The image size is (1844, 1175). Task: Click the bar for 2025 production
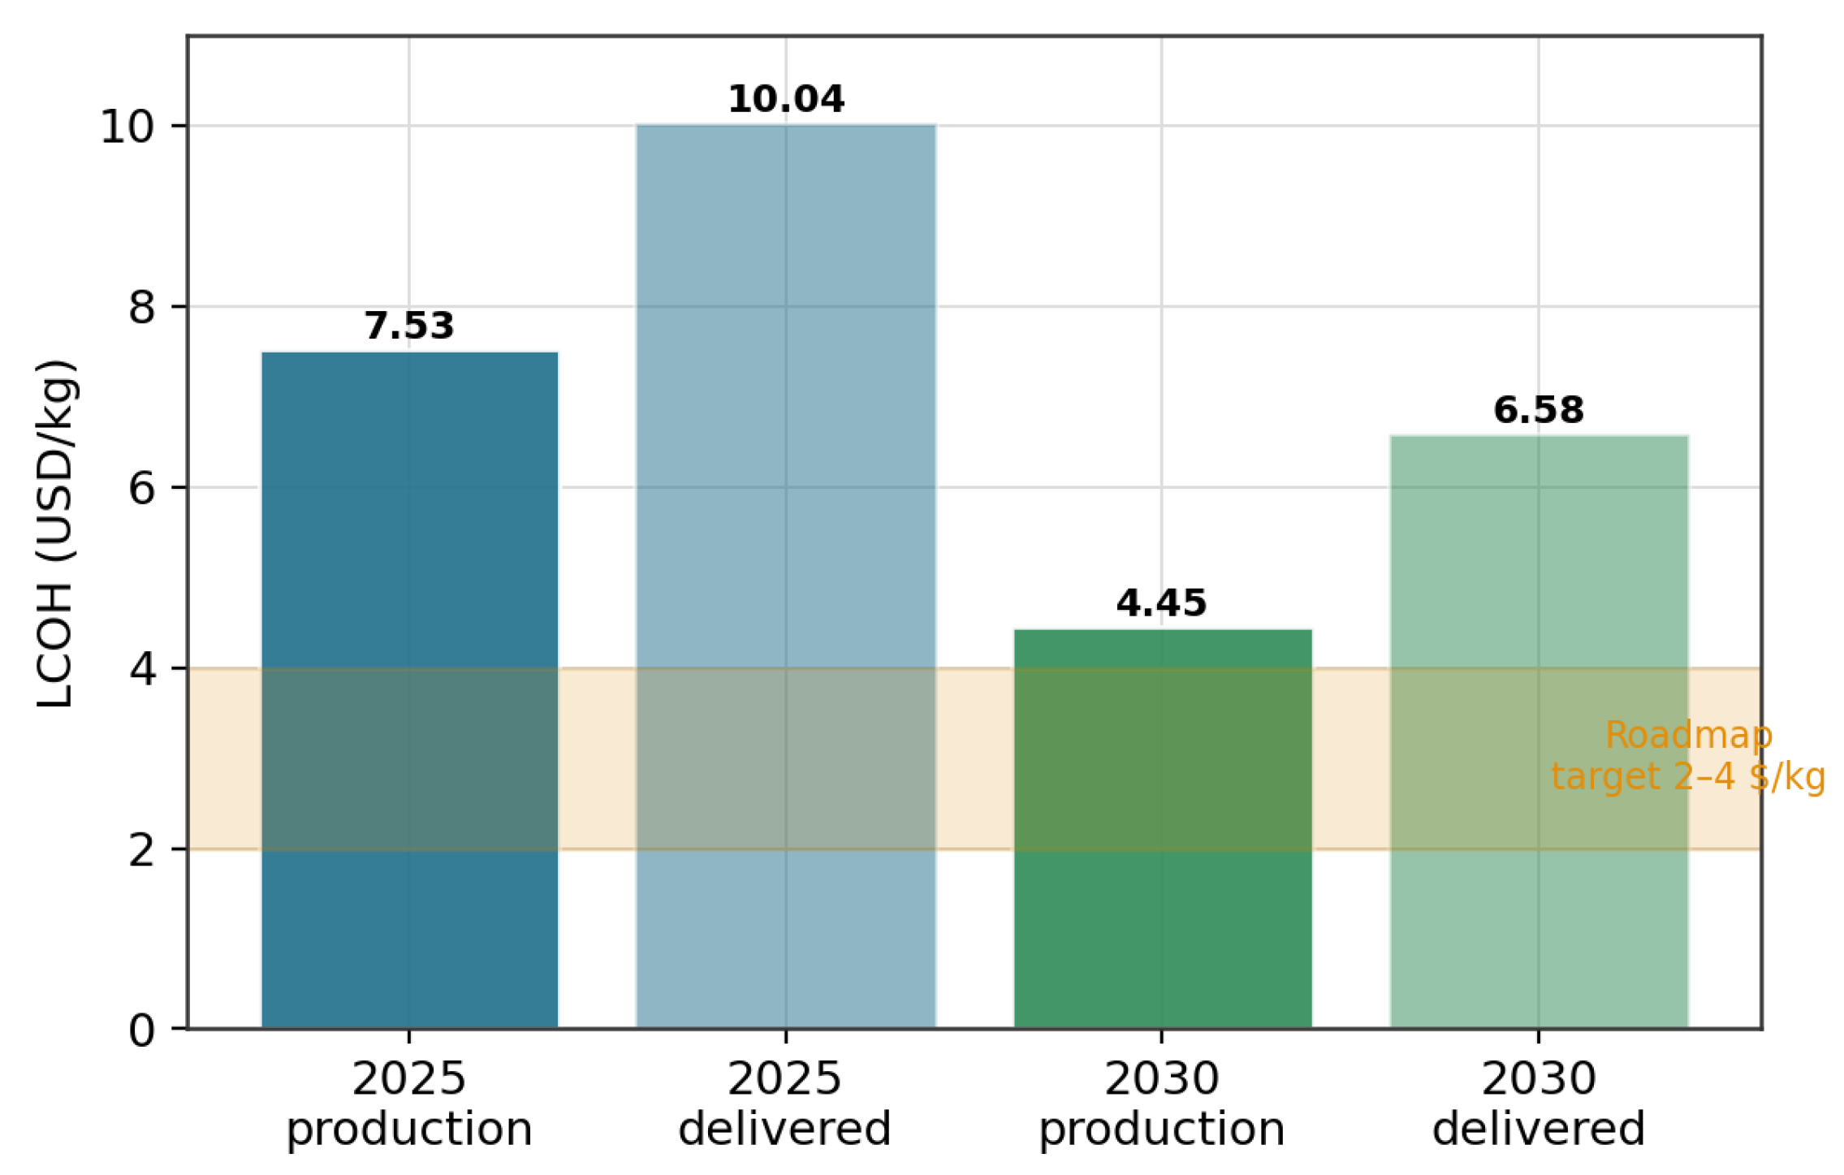point(410,690)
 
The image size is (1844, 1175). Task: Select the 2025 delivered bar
point(786,577)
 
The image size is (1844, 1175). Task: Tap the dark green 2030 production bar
point(1163,829)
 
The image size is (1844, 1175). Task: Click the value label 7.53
point(409,326)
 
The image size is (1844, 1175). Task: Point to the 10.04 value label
point(786,99)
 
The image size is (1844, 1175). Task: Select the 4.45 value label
point(1162,603)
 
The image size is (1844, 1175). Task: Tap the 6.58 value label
point(1539,410)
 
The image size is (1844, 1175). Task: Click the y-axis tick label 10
point(127,127)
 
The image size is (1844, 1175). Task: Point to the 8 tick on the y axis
point(142,308)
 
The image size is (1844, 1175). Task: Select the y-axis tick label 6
point(142,489)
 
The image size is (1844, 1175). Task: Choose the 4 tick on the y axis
point(142,670)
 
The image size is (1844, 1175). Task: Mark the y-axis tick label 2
point(142,850)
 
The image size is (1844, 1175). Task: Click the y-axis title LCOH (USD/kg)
point(56,533)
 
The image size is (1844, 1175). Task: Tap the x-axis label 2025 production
point(409,1104)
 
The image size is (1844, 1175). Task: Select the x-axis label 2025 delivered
point(785,1104)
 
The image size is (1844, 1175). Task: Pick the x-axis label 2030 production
point(1162,1104)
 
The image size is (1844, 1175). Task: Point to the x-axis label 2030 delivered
point(1539,1104)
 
